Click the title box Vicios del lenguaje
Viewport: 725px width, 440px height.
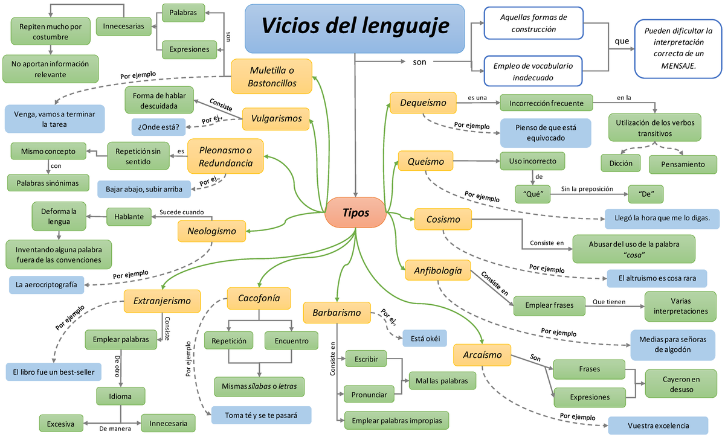[355, 28]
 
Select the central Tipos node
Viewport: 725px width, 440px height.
[355, 212]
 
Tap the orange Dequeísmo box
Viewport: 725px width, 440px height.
[423, 103]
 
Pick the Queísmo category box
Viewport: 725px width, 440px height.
[425, 162]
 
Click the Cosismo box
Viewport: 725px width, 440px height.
[443, 219]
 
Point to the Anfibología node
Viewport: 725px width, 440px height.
[437, 270]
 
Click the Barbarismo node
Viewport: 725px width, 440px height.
[337, 313]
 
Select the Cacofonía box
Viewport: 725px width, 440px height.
[259, 298]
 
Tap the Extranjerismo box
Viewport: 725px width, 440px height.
[162, 301]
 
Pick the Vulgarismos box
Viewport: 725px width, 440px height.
[276, 118]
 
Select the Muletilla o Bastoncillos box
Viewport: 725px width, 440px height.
[272, 77]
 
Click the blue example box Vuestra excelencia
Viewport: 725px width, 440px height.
[658, 426]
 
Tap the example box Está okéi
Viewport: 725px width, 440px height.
[425, 338]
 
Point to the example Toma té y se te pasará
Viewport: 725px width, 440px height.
[261, 415]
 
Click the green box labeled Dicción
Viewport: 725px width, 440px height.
[621, 163]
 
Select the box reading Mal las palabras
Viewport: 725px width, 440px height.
[442, 380]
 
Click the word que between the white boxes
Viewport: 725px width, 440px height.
[621, 41]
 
